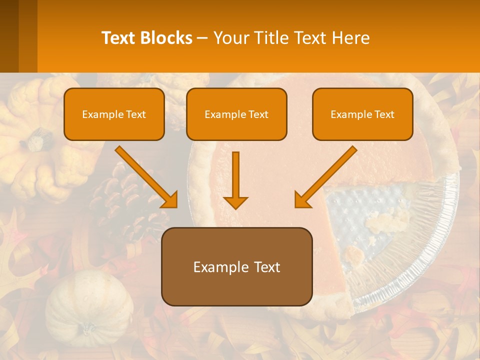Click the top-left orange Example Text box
tap(114, 114)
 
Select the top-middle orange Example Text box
tap(236, 114)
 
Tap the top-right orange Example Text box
tap(362, 114)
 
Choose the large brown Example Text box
tap(236, 266)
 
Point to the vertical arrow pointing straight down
tap(235, 180)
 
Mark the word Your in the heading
tap(230, 38)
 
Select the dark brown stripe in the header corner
tap(9, 36)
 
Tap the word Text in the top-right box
tap(384, 114)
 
